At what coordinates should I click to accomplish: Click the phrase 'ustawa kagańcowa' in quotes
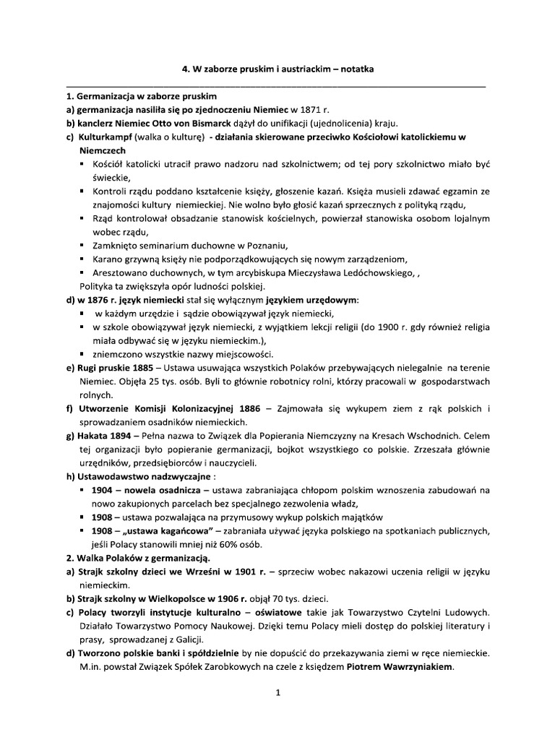[162, 531]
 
